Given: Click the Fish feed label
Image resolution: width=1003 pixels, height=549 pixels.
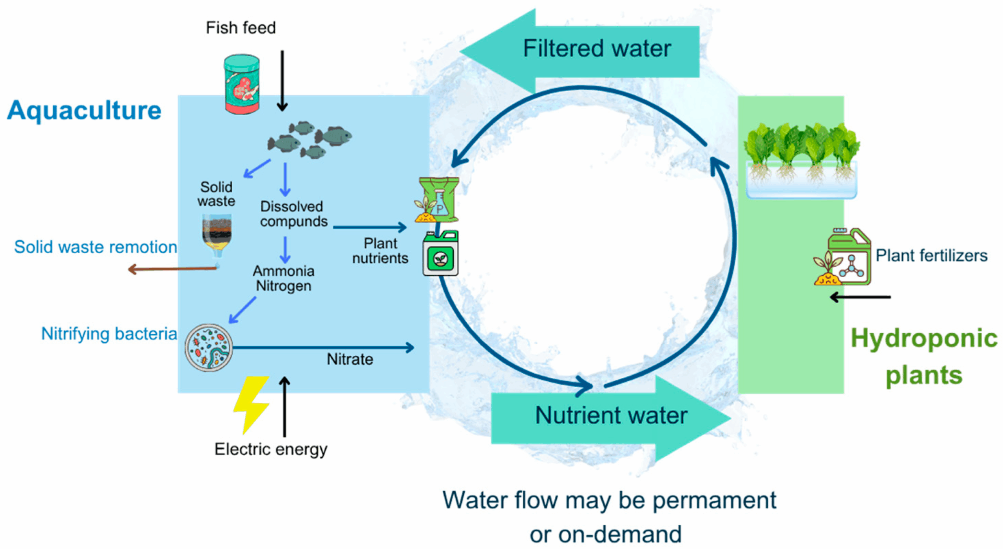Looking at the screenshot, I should (241, 28).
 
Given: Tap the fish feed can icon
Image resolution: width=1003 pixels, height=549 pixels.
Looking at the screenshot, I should (242, 84).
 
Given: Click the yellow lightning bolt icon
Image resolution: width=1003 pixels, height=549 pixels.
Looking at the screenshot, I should (252, 404).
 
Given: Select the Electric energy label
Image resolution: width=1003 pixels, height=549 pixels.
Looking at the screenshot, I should (270, 449).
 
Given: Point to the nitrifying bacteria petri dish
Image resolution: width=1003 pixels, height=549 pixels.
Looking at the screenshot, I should (209, 347).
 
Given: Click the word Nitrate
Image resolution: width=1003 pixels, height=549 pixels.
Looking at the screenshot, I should (350, 359).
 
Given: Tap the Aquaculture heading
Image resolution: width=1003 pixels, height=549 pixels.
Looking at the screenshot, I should (84, 110).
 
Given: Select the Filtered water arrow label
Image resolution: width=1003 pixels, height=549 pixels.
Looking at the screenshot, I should (597, 49).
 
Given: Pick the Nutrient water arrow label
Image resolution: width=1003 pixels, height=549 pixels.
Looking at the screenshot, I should (611, 415).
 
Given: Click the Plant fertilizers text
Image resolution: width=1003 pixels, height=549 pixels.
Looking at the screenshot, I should (931, 256).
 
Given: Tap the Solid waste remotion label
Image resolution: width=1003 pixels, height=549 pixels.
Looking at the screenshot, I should (96, 247).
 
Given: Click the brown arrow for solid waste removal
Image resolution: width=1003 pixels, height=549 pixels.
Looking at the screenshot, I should (172, 269).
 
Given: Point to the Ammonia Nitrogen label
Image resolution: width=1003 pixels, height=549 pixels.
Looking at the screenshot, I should (283, 278).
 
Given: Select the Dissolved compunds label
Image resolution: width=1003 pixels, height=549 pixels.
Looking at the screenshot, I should (293, 214).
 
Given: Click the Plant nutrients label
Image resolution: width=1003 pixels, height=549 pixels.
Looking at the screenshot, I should (380, 251).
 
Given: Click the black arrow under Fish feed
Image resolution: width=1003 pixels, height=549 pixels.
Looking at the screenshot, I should (282, 80).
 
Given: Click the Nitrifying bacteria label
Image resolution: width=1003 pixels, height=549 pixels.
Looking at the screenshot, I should (109, 334).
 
